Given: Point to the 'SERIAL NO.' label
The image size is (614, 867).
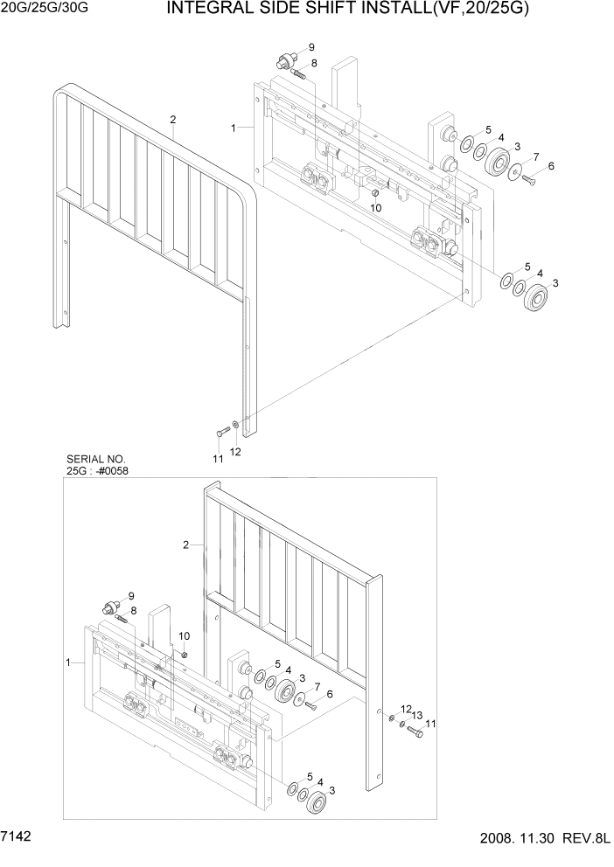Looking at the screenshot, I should [95, 459].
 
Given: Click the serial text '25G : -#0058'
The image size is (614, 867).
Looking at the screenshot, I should [98, 471].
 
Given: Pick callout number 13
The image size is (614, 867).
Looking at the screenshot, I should [417, 714].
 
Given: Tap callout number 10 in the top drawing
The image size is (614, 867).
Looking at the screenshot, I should [375, 207].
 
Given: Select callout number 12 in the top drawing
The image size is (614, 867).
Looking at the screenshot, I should [234, 452].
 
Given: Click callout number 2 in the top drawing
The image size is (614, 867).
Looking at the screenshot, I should [173, 119].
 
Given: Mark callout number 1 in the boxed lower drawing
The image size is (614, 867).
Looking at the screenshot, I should [67, 663].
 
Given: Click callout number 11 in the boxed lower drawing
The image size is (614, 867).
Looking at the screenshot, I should [430, 724].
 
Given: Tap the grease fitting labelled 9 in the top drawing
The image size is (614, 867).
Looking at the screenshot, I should [283, 60].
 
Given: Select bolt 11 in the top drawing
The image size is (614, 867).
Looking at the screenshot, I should [220, 431].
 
